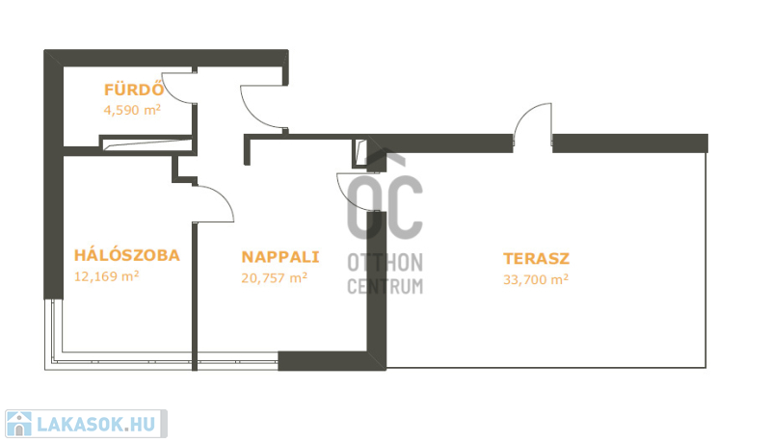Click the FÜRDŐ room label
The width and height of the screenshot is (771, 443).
tap(134, 89)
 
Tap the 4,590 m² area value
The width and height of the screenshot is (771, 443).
tap(132, 110)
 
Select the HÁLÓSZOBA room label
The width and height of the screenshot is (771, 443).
tap(127, 255)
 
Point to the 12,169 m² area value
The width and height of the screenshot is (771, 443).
tap(106, 276)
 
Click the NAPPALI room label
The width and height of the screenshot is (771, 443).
tap(280, 257)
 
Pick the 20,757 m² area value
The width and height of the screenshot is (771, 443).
tap(275, 278)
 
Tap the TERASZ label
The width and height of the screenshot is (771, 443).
tap(536, 258)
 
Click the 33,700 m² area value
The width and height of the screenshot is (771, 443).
tap(536, 279)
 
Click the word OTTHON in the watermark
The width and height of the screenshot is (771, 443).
tap(385, 263)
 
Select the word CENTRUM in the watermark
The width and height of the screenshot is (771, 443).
tap(385, 286)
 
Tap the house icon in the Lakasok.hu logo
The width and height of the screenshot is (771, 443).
tap(18, 424)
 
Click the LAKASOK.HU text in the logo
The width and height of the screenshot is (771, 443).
tap(96, 425)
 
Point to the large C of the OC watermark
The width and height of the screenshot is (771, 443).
tap(403, 206)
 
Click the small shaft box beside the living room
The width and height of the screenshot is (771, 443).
tap(360, 153)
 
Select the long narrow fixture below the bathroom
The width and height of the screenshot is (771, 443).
tap(146, 143)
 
